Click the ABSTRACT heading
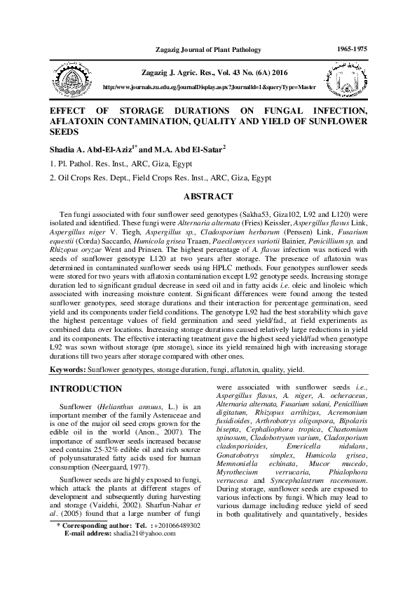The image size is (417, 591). tap(207, 197)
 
